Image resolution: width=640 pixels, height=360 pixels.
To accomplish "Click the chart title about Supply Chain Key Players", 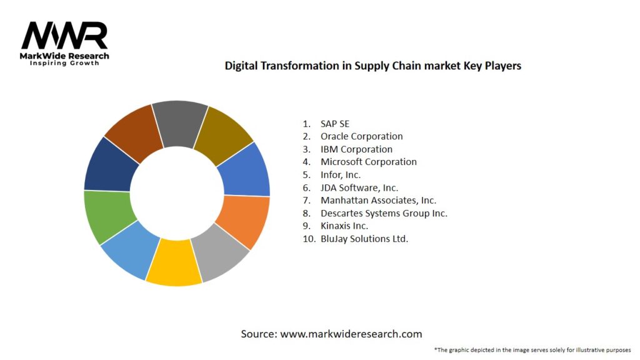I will pyautogui.click(x=372, y=65).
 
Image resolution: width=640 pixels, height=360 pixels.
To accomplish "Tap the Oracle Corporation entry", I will pyautogui.click(x=361, y=136).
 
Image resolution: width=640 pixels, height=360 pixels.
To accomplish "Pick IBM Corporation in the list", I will pyautogui.click(x=356, y=149).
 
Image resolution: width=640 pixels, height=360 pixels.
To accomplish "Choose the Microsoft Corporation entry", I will pyautogui.click(x=368, y=162).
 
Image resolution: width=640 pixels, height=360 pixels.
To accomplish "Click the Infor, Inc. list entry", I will pyautogui.click(x=341, y=175).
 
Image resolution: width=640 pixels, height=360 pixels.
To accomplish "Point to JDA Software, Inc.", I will pyautogui.click(x=359, y=187).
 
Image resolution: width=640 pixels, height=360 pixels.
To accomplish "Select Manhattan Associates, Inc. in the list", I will pyautogui.click(x=378, y=201).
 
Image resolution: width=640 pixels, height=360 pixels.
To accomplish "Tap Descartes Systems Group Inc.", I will pyautogui.click(x=384, y=213).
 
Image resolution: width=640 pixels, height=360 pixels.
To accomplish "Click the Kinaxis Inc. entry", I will pyautogui.click(x=344, y=226).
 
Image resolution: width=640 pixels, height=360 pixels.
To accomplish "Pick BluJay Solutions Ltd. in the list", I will pyautogui.click(x=364, y=239).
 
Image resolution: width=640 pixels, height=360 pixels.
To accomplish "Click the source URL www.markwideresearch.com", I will pyautogui.click(x=351, y=334).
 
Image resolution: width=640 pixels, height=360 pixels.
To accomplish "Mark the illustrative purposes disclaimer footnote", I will pyautogui.click(x=532, y=349).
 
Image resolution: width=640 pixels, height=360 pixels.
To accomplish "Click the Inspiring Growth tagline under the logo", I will pyautogui.click(x=64, y=63).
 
